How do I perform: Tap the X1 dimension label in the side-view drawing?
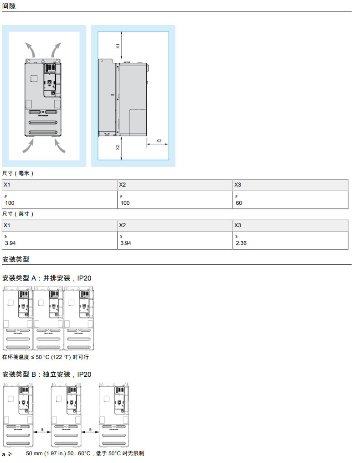pos(117,46)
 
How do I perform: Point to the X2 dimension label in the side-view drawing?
pos(117,147)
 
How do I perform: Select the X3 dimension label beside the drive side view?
pos(159,140)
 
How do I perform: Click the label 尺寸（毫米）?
pos(18,173)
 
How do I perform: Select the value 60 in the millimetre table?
pos(239,203)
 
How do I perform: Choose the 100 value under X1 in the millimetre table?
pos(10,203)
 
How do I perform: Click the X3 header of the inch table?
pos(237,225)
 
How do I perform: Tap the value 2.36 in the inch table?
pos(241,243)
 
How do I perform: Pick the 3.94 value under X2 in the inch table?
pos(125,243)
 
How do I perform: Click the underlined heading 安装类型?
pos(15,259)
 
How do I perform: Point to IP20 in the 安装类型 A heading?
pos(84,277)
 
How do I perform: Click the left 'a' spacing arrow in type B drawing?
pos(42,432)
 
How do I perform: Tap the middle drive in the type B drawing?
pos(66,415)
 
